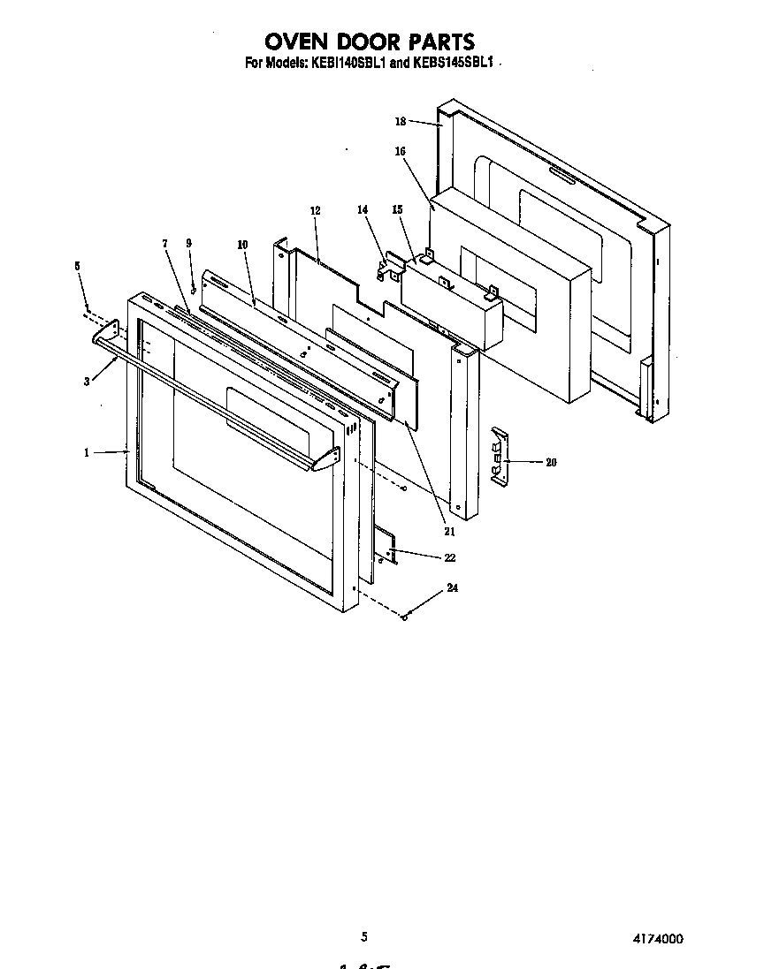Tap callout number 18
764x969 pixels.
(x=400, y=121)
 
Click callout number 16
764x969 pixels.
(x=400, y=151)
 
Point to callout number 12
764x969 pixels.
(x=315, y=211)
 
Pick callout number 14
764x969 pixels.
(x=362, y=209)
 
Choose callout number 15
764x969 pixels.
(x=397, y=209)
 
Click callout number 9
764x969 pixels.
(x=188, y=243)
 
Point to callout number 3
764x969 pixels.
(x=87, y=382)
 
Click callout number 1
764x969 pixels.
(x=87, y=453)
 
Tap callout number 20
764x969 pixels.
(x=551, y=462)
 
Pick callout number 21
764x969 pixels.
(x=449, y=531)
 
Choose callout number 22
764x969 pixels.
(x=450, y=557)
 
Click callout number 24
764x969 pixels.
(x=452, y=587)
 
